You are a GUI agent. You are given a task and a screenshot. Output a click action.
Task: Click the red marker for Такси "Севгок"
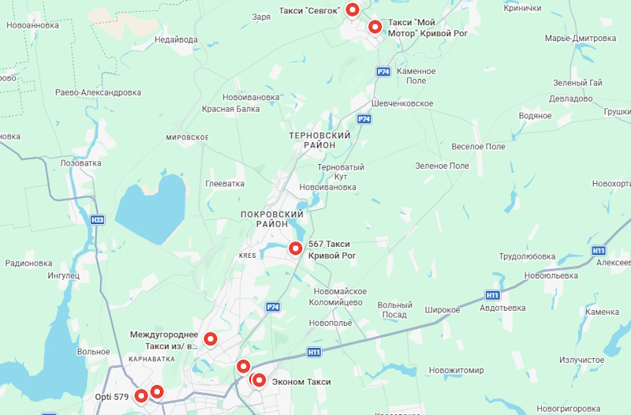353,9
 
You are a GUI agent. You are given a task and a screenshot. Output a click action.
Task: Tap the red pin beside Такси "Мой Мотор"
375,27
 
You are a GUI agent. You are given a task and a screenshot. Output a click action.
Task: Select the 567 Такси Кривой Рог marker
296,249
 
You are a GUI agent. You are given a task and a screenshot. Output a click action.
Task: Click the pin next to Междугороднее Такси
211,339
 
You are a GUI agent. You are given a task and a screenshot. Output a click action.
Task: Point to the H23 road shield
97,220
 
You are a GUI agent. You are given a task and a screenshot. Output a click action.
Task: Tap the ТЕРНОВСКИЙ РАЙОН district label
319,140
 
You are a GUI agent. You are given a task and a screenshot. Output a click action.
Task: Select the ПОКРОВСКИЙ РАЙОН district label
272,219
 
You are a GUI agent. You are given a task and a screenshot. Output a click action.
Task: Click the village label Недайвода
176,39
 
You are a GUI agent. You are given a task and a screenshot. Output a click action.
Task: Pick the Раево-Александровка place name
99,92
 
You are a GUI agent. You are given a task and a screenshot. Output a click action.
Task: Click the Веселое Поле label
478,147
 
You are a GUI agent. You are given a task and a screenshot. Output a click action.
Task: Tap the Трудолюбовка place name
527,256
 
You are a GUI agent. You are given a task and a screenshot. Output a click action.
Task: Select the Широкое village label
442,310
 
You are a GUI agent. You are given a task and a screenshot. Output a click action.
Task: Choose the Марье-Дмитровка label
580,38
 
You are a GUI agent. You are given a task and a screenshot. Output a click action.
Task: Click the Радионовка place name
28,264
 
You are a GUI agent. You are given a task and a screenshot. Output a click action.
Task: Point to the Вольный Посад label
394,310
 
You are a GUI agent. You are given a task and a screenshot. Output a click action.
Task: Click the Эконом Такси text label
301,382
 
